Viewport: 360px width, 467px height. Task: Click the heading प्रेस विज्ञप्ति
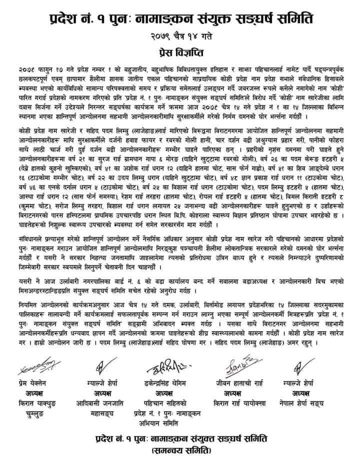pos(180,51)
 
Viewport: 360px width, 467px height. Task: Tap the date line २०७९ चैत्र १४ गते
pos(180,37)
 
